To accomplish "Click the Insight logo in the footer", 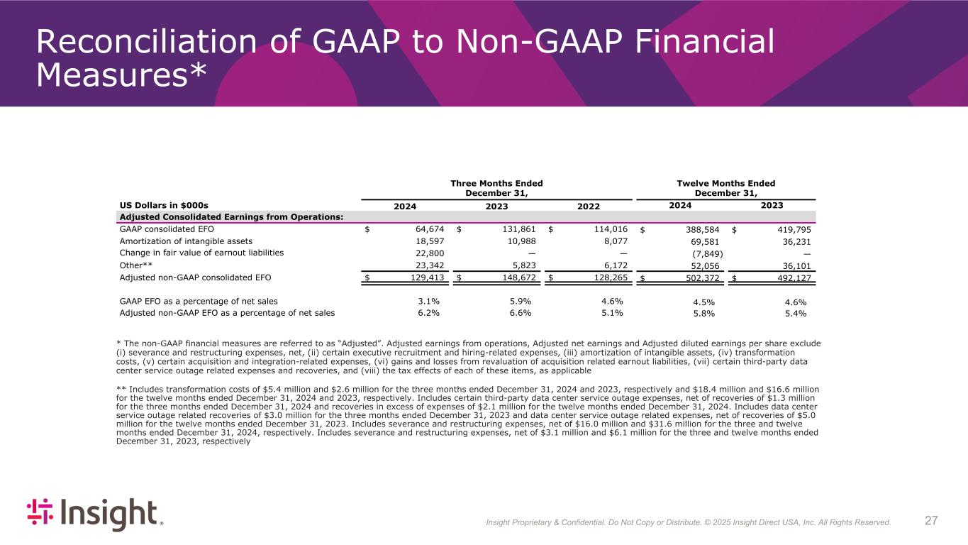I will tap(95, 514).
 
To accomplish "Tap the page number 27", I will tap(932, 521).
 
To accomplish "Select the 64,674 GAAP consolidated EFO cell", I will tap(429, 229).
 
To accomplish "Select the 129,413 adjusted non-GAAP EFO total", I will tap(426, 277).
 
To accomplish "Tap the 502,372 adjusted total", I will tap(699, 277).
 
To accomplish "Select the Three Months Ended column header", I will tap(497, 188).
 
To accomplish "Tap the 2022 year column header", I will tap(588, 206).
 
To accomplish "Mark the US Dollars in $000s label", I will tap(164, 204).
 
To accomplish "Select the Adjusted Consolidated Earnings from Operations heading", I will tap(232, 216).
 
